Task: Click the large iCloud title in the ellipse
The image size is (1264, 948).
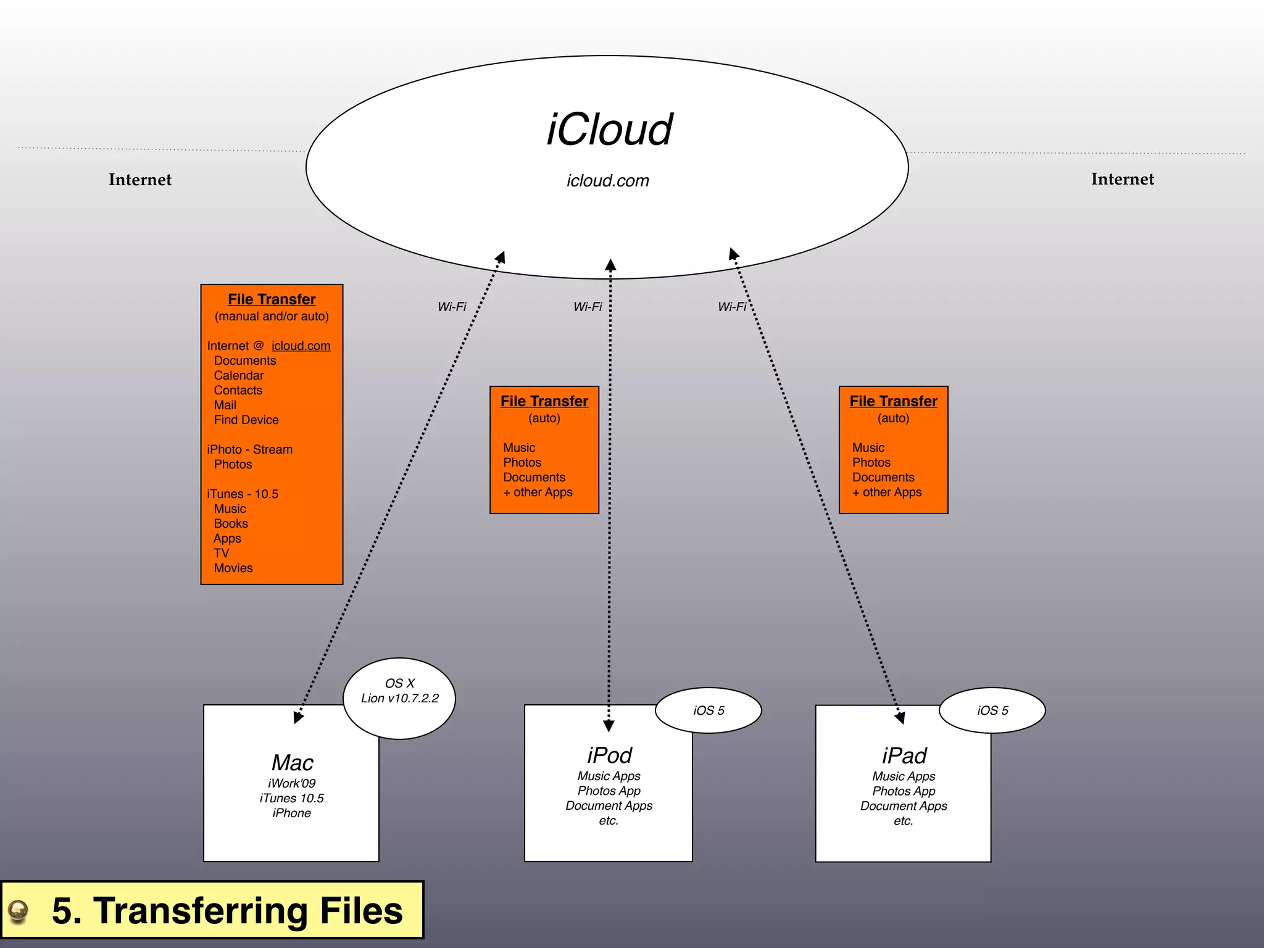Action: pyautogui.click(x=609, y=130)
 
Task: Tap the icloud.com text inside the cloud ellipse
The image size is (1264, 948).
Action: pyautogui.click(x=608, y=181)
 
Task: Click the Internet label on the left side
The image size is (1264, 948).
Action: pyautogui.click(x=140, y=180)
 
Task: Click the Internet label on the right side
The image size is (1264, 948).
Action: pyautogui.click(x=1122, y=179)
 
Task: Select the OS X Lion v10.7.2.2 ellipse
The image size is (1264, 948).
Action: pyautogui.click(x=399, y=698)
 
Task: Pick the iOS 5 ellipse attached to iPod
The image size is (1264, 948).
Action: pyautogui.click(x=709, y=710)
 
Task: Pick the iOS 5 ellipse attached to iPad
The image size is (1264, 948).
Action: pyautogui.click(x=992, y=710)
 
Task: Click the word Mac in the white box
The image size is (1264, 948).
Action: pyautogui.click(x=292, y=763)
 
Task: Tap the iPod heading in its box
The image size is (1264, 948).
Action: pyautogui.click(x=609, y=755)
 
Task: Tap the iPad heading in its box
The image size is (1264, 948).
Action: pyautogui.click(x=904, y=756)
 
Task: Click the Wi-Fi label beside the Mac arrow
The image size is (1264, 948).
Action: pyautogui.click(x=452, y=307)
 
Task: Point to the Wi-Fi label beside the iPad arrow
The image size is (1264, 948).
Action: pyautogui.click(x=732, y=307)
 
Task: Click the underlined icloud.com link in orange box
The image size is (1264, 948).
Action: pyautogui.click(x=301, y=346)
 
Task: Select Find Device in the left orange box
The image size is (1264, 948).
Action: pyautogui.click(x=246, y=420)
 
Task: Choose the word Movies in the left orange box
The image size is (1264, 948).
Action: pyautogui.click(x=233, y=568)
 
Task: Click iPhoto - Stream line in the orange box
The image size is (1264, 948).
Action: pyautogui.click(x=250, y=450)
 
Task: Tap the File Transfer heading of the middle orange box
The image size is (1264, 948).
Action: pyautogui.click(x=544, y=401)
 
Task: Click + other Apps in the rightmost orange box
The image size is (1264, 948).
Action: pyautogui.click(x=887, y=493)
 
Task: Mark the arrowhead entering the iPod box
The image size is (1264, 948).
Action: pyautogui.click(x=609, y=726)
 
